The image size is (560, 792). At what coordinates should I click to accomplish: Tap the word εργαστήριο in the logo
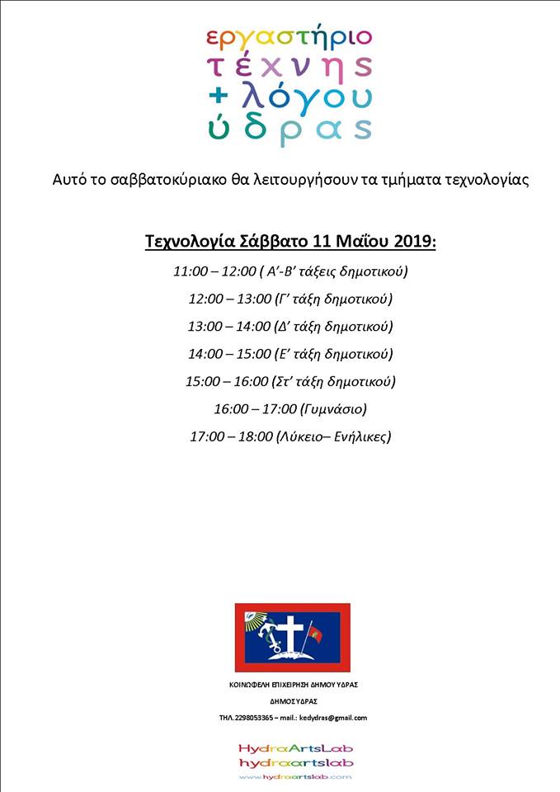click(289, 38)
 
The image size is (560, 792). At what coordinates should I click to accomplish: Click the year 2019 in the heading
click(407, 242)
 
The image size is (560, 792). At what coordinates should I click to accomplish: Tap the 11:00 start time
click(190, 271)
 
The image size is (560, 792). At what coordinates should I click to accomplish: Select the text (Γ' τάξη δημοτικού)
click(334, 299)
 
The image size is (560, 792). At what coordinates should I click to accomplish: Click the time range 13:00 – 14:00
click(229, 327)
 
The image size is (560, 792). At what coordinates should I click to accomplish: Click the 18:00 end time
click(256, 436)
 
